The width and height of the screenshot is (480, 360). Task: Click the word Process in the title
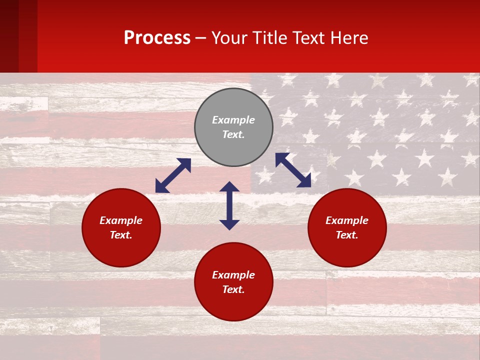pos(157,38)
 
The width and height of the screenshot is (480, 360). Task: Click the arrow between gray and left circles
pos(173,175)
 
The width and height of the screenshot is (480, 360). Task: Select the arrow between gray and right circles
pos(293,170)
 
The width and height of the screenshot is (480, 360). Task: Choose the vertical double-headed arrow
pos(229,205)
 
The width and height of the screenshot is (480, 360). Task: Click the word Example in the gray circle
pos(233,120)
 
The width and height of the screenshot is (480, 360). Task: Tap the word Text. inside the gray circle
pos(233,134)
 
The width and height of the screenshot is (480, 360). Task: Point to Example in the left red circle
pos(121,220)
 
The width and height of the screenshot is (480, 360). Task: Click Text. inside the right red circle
pos(347,235)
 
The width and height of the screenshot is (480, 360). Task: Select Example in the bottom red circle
pos(233,275)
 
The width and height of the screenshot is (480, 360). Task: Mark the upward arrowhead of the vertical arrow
pos(229,186)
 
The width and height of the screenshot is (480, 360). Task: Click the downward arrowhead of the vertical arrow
pos(229,224)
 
